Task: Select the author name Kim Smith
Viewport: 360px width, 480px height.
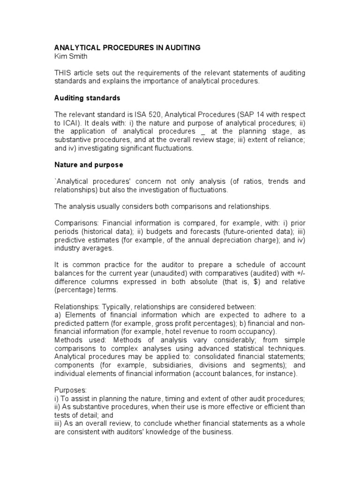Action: click(x=71, y=56)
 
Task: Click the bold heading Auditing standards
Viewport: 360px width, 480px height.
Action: click(x=87, y=98)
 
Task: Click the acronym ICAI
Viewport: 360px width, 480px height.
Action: click(x=74, y=123)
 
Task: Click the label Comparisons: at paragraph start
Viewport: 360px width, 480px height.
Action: click(x=76, y=224)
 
